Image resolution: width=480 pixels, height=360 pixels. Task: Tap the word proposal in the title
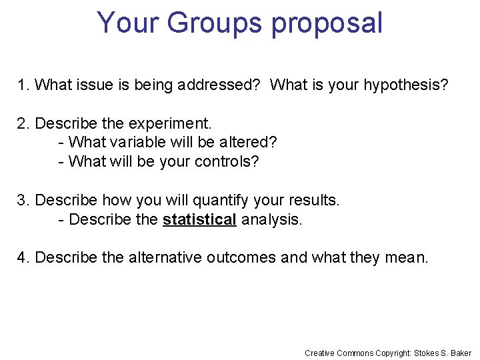[327, 24]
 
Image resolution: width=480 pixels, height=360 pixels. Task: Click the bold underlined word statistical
[199, 219]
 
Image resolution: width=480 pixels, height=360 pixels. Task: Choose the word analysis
[271, 219]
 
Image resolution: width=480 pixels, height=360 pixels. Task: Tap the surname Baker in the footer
[461, 353]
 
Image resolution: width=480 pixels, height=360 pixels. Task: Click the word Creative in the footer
[320, 353]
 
